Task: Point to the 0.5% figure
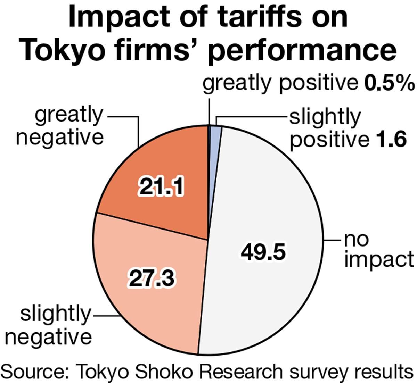coord(389,83)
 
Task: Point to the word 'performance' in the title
coord(302,50)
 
